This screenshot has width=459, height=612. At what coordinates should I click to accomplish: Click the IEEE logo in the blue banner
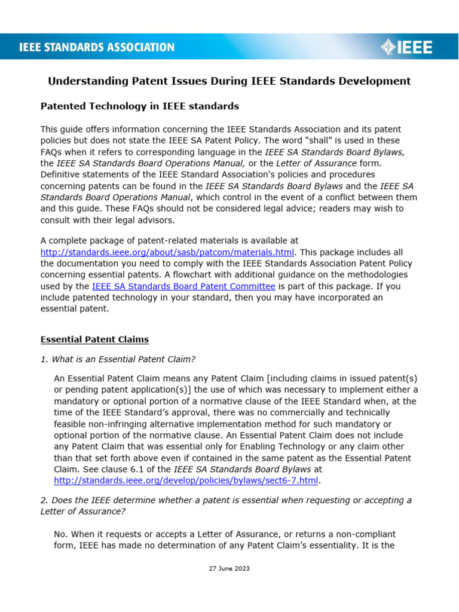point(409,47)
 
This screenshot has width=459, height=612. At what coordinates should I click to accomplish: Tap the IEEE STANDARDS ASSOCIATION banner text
point(97,47)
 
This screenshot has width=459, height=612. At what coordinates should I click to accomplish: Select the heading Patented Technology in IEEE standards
point(139,106)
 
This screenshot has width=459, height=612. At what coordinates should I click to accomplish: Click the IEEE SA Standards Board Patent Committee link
point(183,286)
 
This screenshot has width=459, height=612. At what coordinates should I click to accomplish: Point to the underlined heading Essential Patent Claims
point(94,339)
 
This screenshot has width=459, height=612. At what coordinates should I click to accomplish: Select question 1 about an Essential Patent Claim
point(118,359)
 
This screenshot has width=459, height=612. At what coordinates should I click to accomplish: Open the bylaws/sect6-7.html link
point(187,480)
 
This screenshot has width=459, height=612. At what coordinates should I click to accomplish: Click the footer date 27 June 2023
point(229,568)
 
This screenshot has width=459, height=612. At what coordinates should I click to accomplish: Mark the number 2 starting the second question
point(43,500)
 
